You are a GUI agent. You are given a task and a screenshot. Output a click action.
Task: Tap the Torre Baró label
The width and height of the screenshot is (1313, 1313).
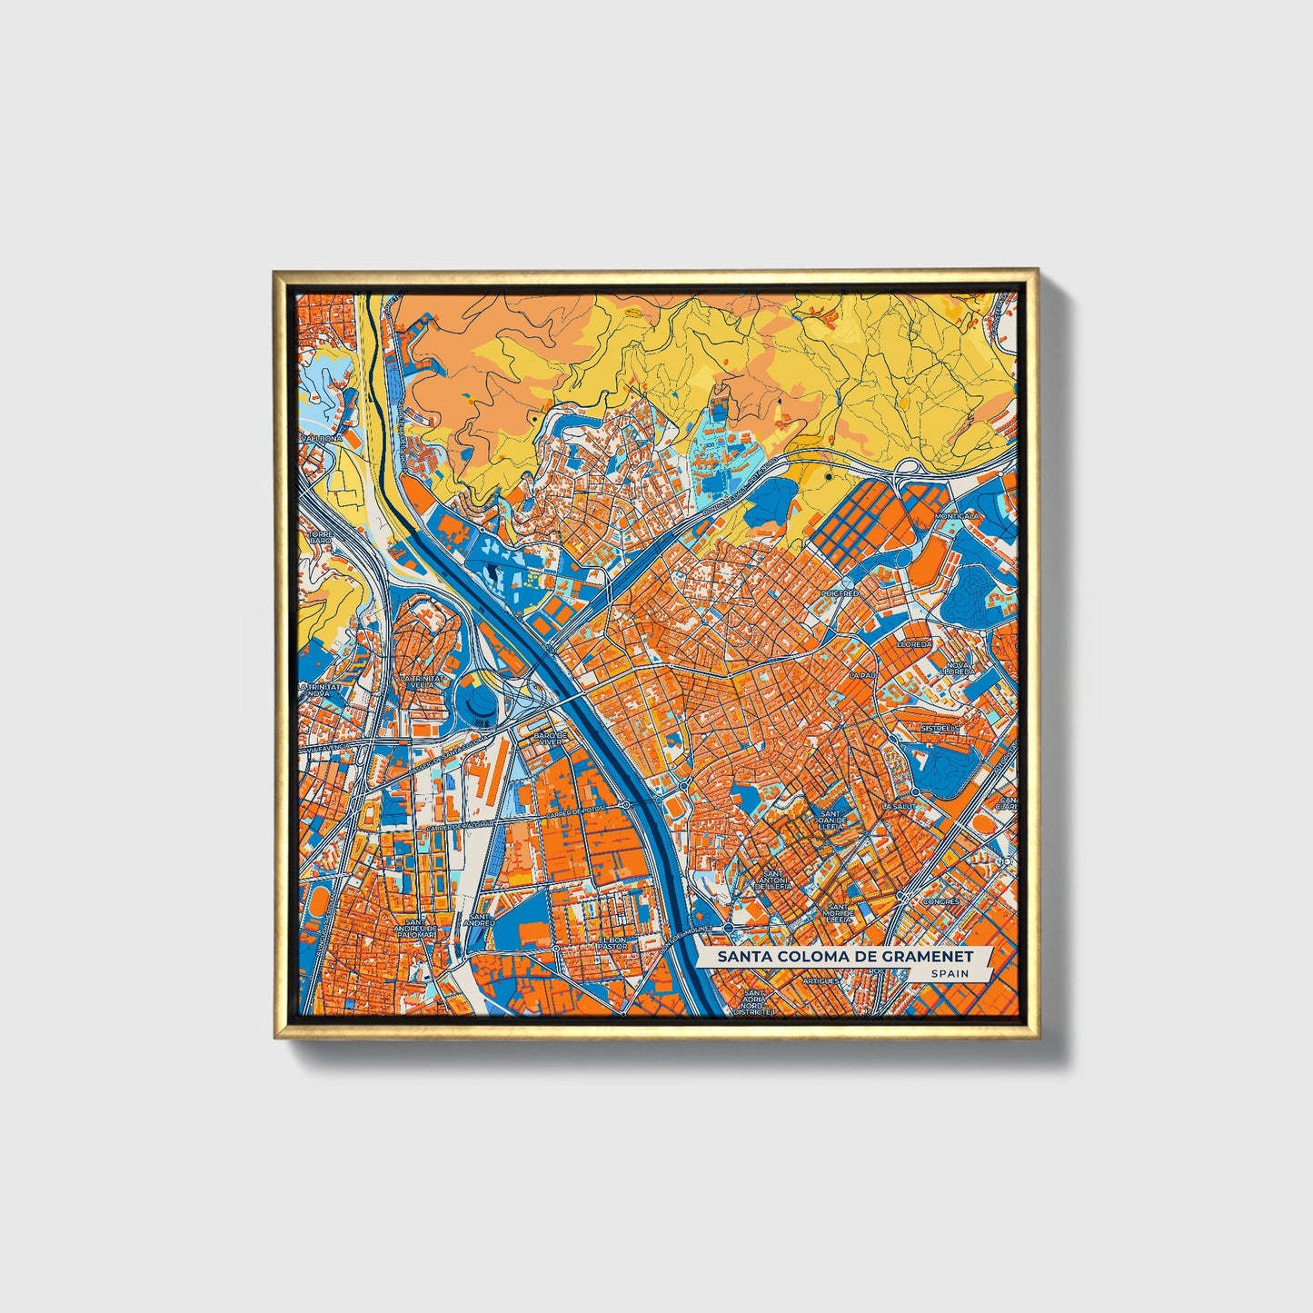click(320, 536)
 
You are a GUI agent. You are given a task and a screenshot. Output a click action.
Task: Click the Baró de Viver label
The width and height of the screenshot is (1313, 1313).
click(551, 738)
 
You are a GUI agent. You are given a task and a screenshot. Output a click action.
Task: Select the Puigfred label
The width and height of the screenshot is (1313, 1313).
click(839, 592)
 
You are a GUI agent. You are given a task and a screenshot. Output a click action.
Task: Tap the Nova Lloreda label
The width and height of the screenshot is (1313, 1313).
click(960, 669)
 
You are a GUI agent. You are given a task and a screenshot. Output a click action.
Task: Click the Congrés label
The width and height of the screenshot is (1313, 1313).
click(940, 901)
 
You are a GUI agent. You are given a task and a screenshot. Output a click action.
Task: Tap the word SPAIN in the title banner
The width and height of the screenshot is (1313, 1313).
click(949, 974)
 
